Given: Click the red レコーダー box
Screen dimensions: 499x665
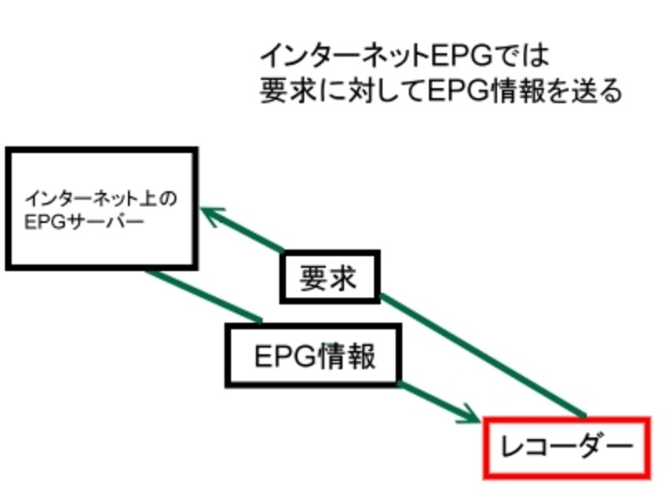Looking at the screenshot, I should pos(565,448).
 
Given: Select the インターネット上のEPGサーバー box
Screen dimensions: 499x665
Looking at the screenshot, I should pos(101,209).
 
